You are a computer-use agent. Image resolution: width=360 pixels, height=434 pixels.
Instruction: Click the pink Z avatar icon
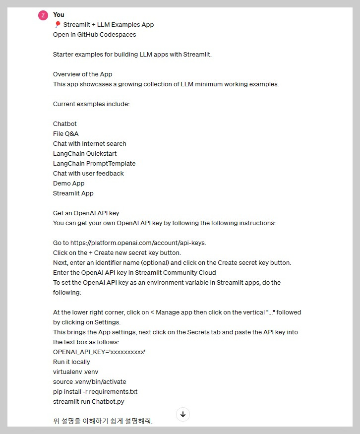[x=43, y=15]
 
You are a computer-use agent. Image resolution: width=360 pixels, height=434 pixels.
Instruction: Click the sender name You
[x=59, y=15]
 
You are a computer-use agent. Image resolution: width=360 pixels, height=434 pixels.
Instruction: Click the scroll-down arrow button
[x=183, y=414]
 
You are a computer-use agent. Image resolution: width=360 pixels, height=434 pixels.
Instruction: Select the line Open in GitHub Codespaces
[x=94, y=35]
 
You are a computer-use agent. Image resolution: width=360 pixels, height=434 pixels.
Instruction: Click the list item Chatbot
[x=65, y=124]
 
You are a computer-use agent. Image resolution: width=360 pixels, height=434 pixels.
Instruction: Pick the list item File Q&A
[x=66, y=134]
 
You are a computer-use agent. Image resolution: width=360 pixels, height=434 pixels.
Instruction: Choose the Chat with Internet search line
[x=90, y=144]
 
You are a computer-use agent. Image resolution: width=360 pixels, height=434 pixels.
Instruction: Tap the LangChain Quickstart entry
[x=85, y=154]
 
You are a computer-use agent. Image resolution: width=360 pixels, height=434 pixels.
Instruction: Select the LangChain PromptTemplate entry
[x=94, y=164]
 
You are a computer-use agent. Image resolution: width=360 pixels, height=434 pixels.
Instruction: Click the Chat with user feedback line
[x=88, y=174]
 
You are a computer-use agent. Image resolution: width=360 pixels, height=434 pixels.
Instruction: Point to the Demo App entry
[x=69, y=184]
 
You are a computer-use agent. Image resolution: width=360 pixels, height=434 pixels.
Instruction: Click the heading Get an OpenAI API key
[x=86, y=213]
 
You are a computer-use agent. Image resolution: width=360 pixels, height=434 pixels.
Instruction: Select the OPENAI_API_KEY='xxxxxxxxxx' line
[x=99, y=352]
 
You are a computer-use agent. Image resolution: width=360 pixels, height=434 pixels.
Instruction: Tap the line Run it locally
[x=71, y=362]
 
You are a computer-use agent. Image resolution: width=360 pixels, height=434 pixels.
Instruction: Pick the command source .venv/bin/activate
[x=90, y=382]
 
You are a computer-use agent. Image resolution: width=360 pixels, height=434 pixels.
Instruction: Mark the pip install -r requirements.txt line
[x=95, y=392]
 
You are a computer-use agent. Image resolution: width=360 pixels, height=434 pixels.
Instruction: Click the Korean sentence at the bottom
[x=103, y=422]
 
